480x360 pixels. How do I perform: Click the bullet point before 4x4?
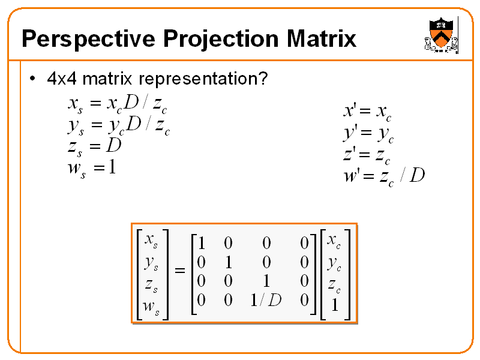[x=33, y=79]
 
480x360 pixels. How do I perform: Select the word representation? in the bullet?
[x=203, y=79]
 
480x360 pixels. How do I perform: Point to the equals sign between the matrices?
[x=180, y=272]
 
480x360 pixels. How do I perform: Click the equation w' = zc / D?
[x=383, y=176]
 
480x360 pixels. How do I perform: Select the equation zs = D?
[x=95, y=146]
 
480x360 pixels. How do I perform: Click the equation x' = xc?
[x=367, y=110]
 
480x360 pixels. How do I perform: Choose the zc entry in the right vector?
[x=334, y=284]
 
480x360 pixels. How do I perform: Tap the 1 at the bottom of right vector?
[x=335, y=306]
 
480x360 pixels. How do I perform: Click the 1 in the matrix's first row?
[x=202, y=243]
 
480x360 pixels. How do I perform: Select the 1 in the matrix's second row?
[x=228, y=262]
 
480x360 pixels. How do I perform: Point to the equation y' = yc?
[x=368, y=133]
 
